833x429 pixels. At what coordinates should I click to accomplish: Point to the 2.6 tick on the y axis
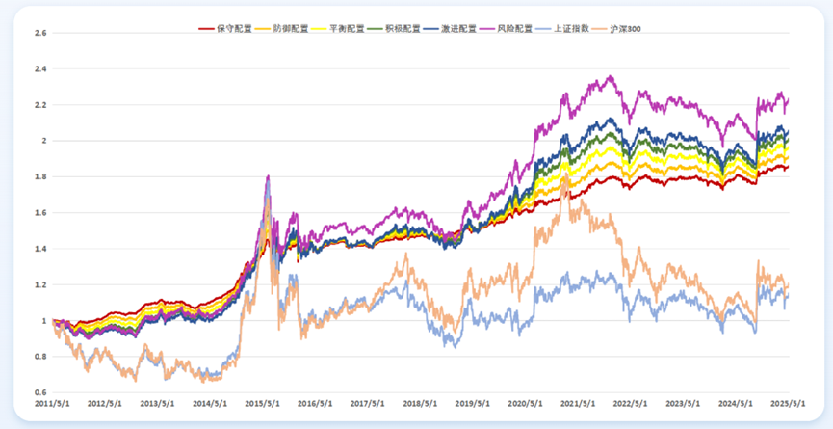(x=39, y=33)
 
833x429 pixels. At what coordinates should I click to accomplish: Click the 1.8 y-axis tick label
(x=39, y=176)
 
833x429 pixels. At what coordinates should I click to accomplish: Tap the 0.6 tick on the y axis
(x=39, y=392)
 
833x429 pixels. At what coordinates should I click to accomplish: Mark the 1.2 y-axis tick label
(x=39, y=284)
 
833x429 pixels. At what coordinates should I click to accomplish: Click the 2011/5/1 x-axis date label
(x=53, y=405)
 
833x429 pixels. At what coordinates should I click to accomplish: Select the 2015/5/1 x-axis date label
(x=261, y=405)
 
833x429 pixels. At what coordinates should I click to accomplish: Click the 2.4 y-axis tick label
(x=39, y=69)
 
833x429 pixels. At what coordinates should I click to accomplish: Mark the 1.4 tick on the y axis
(x=39, y=249)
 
